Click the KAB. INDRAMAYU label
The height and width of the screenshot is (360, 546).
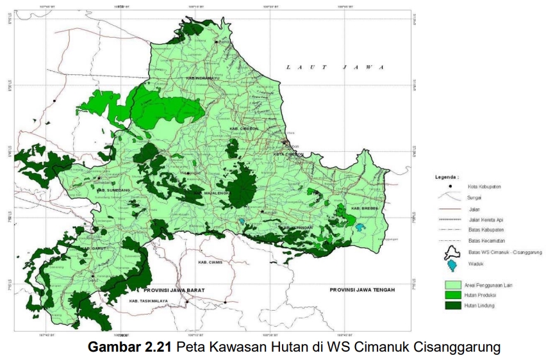tap(199, 78)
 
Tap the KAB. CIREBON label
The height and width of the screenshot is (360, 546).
tap(244, 129)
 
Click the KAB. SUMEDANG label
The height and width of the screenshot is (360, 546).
tap(110, 190)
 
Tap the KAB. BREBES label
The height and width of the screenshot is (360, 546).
tap(365, 208)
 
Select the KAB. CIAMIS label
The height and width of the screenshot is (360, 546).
tap(210, 263)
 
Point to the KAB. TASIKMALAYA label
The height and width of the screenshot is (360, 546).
tap(148, 300)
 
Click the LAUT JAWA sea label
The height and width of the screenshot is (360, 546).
tap(334, 67)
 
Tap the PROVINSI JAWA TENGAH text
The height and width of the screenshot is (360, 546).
tap(362, 290)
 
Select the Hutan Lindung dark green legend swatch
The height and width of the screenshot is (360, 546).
tap(453, 305)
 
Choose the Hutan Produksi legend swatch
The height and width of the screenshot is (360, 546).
tap(453, 294)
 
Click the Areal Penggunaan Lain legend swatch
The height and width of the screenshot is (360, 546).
tap(453, 283)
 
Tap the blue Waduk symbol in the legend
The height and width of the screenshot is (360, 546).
tap(453, 265)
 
